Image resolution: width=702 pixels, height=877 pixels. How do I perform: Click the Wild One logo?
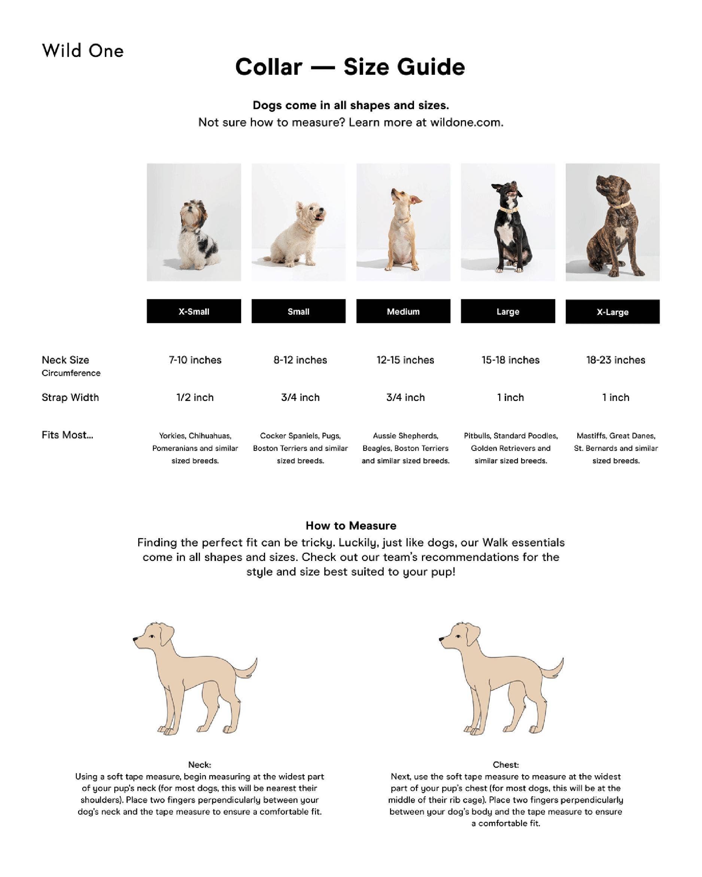[x=83, y=51]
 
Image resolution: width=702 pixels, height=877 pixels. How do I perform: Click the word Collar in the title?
[x=268, y=67]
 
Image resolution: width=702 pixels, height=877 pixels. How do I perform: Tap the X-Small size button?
[x=194, y=312]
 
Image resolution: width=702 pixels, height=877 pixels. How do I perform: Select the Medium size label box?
[x=403, y=312]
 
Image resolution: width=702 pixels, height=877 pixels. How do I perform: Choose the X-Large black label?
[x=612, y=312]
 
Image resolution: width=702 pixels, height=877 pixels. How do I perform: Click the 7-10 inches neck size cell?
[x=195, y=360]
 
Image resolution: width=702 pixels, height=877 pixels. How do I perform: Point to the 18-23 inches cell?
[x=615, y=360]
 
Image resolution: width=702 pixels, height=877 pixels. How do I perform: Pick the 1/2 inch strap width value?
[x=195, y=397]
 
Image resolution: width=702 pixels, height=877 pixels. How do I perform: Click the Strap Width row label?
[x=70, y=397]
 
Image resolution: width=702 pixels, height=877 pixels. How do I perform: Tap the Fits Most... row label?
[x=67, y=435]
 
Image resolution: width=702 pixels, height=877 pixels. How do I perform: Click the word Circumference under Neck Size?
[x=71, y=373]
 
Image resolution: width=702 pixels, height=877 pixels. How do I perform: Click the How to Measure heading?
[x=351, y=526]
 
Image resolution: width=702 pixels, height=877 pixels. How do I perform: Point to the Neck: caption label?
[x=200, y=765]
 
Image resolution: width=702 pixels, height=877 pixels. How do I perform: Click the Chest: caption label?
[x=505, y=765]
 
